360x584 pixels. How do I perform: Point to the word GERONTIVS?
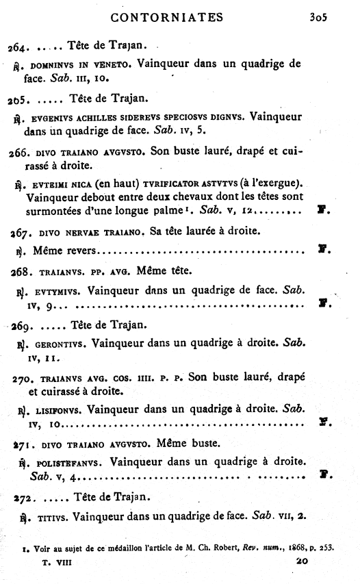point(57,341)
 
